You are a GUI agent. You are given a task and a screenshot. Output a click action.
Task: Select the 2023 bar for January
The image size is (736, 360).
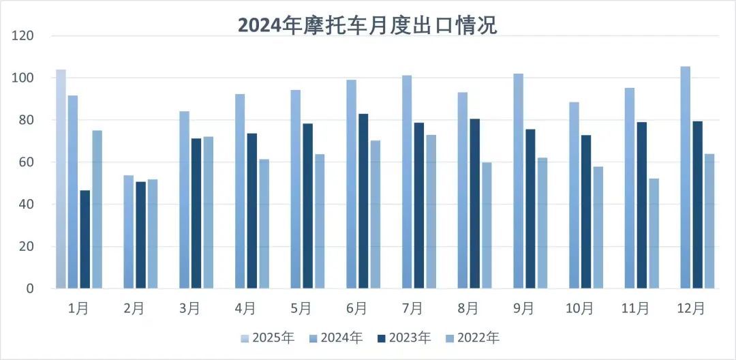(85, 239)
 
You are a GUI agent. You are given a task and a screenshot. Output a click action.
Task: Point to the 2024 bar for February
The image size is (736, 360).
(129, 232)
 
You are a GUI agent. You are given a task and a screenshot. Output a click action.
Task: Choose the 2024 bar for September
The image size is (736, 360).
(519, 181)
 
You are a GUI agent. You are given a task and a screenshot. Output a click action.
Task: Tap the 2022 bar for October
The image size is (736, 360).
(598, 227)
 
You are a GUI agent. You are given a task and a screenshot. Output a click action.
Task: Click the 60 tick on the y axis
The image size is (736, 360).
(26, 162)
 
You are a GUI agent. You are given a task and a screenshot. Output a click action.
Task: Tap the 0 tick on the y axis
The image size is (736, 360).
(29, 288)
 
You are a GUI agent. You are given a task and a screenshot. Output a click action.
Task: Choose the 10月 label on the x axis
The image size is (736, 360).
(580, 309)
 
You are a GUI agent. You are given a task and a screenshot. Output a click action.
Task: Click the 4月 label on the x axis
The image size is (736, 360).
(246, 309)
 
